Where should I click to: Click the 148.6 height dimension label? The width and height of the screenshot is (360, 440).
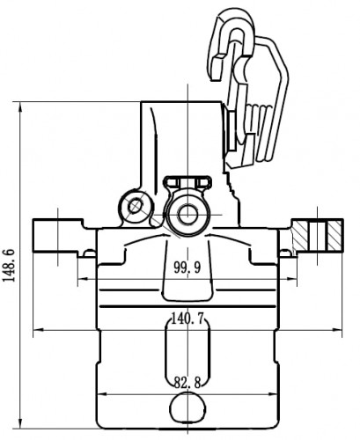(x=9, y=265)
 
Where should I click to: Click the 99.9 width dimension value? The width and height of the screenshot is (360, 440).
(x=187, y=268)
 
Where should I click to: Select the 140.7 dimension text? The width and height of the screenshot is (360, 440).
(x=187, y=319)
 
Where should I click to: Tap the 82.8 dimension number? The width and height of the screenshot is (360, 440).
(x=187, y=383)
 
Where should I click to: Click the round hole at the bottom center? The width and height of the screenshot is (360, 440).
(x=187, y=408)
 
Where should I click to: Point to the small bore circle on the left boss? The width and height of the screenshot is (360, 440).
(x=136, y=206)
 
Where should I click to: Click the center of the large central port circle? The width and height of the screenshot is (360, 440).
(x=187, y=215)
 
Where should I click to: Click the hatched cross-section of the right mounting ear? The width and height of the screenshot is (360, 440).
(x=318, y=236)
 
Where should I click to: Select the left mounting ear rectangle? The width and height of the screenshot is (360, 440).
(x=58, y=235)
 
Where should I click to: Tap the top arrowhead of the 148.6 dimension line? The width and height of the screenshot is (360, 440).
(x=20, y=106)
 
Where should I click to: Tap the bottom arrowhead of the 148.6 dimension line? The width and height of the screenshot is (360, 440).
(x=20, y=423)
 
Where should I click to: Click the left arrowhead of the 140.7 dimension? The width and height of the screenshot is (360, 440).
(x=39, y=330)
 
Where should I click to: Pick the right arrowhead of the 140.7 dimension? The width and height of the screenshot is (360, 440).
(x=336, y=330)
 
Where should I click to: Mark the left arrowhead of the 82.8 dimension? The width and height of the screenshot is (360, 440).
(x=102, y=394)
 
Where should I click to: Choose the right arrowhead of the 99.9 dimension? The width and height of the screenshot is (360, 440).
(x=291, y=279)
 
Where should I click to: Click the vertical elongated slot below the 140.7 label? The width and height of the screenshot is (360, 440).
(x=187, y=351)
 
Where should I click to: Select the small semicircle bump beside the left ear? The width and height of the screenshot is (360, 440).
(x=90, y=253)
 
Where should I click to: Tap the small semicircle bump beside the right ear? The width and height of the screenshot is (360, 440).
(x=284, y=253)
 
